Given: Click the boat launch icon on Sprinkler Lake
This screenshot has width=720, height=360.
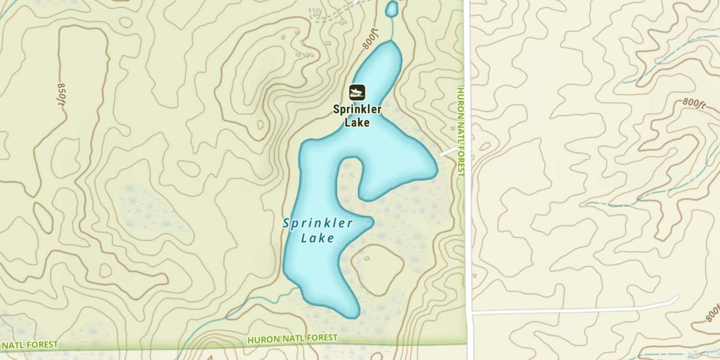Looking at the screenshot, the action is (357, 92).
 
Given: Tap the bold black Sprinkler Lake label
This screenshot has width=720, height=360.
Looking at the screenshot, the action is (357, 116).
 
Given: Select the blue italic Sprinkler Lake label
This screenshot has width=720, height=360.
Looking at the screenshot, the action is (318, 230).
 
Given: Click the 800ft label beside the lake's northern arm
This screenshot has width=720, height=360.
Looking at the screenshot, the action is (371, 38).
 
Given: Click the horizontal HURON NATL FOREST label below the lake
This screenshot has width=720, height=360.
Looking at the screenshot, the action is (292, 339).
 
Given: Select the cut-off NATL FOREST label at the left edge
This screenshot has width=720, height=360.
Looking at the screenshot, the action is (29, 345).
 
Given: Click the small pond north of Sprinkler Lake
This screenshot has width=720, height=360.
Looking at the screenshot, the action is (392, 8).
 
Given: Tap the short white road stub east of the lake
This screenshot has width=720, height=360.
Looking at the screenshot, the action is (448, 152).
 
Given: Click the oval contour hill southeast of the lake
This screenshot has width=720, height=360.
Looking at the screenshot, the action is (377, 271).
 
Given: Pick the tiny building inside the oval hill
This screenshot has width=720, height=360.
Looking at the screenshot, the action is (367, 259).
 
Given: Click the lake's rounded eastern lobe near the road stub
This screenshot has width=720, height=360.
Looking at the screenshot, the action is (418, 163).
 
